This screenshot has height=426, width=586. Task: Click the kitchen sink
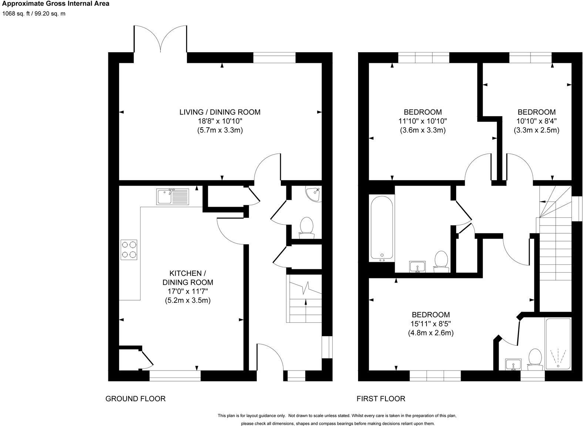point(172,196)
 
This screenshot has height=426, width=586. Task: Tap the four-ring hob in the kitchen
point(129,250)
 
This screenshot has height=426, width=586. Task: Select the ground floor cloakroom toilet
point(306,227)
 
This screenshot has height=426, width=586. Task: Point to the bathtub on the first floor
point(382,227)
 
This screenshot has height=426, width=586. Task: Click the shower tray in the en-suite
point(558,344)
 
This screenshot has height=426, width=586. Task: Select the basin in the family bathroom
point(418,266)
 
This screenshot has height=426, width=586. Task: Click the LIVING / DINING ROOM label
point(220,112)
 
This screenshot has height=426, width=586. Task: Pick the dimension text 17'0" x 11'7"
point(188,291)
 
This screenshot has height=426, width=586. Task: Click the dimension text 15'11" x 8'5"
point(431,324)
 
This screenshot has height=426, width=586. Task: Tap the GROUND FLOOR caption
point(135,399)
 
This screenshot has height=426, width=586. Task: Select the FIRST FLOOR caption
point(381,399)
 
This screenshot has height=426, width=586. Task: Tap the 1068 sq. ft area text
point(34,14)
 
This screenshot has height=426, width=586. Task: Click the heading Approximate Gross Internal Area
point(55,4)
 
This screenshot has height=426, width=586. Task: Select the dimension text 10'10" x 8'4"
point(536,121)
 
